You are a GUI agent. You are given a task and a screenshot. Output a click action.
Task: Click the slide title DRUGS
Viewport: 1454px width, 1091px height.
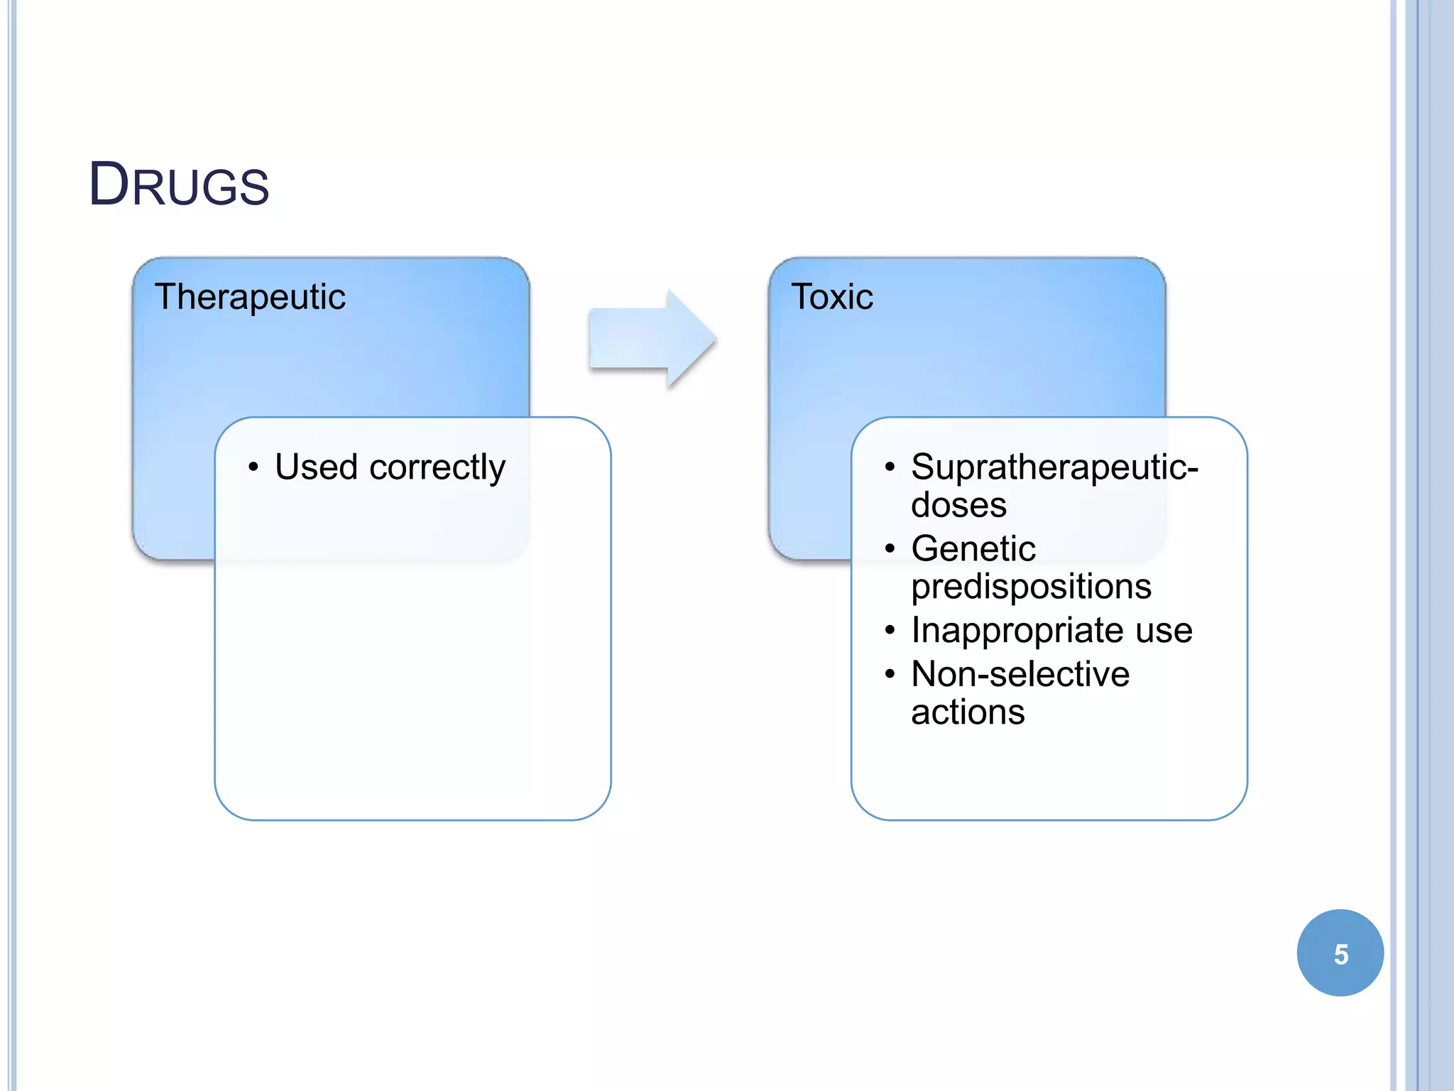[179, 185]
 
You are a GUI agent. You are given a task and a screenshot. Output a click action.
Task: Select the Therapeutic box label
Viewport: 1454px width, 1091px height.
[250, 297]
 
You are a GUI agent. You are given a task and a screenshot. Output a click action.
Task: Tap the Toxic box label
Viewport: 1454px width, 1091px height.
[832, 297]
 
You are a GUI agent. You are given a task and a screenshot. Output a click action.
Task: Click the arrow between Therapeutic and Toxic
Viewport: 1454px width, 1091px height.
[652, 339]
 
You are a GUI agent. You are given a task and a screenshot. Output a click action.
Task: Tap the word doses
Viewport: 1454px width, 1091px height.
[958, 506]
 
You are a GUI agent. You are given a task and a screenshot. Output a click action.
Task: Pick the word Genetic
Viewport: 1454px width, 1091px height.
[973, 549]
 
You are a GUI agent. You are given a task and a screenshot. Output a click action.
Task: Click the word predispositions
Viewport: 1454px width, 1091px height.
[1031, 587]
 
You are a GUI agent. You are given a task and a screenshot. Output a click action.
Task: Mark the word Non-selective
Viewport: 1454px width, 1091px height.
[1020, 674]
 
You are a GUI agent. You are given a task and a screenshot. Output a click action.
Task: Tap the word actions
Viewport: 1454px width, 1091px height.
[968, 712]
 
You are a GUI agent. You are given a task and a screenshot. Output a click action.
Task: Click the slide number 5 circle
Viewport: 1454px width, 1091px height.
[1340, 953]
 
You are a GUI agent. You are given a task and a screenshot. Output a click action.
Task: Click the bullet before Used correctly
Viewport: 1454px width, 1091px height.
[253, 467]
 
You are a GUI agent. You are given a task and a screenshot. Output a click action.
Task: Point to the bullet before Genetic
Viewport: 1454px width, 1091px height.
[890, 549]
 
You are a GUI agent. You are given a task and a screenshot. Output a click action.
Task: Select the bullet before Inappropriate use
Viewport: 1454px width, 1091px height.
[890, 631]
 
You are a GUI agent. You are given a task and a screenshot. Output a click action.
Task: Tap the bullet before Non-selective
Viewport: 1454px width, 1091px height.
[890, 674]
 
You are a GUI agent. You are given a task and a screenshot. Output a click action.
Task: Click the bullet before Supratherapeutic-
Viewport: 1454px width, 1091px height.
[890, 467]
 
